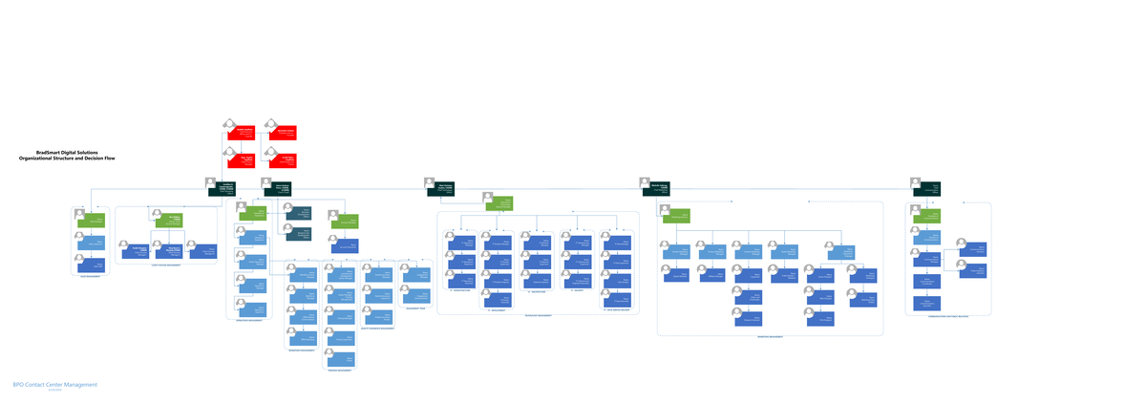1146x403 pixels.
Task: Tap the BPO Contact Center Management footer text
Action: [54, 385]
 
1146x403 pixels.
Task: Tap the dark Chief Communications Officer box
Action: [927, 188]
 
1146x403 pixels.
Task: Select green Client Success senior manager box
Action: [168, 221]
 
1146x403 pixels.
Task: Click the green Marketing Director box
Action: [676, 217]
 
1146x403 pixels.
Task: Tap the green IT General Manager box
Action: [499, 204]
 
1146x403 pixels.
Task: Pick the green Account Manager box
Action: [345, 222]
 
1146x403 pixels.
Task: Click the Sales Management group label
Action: [90, 277]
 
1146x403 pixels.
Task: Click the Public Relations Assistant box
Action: [972, 270]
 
